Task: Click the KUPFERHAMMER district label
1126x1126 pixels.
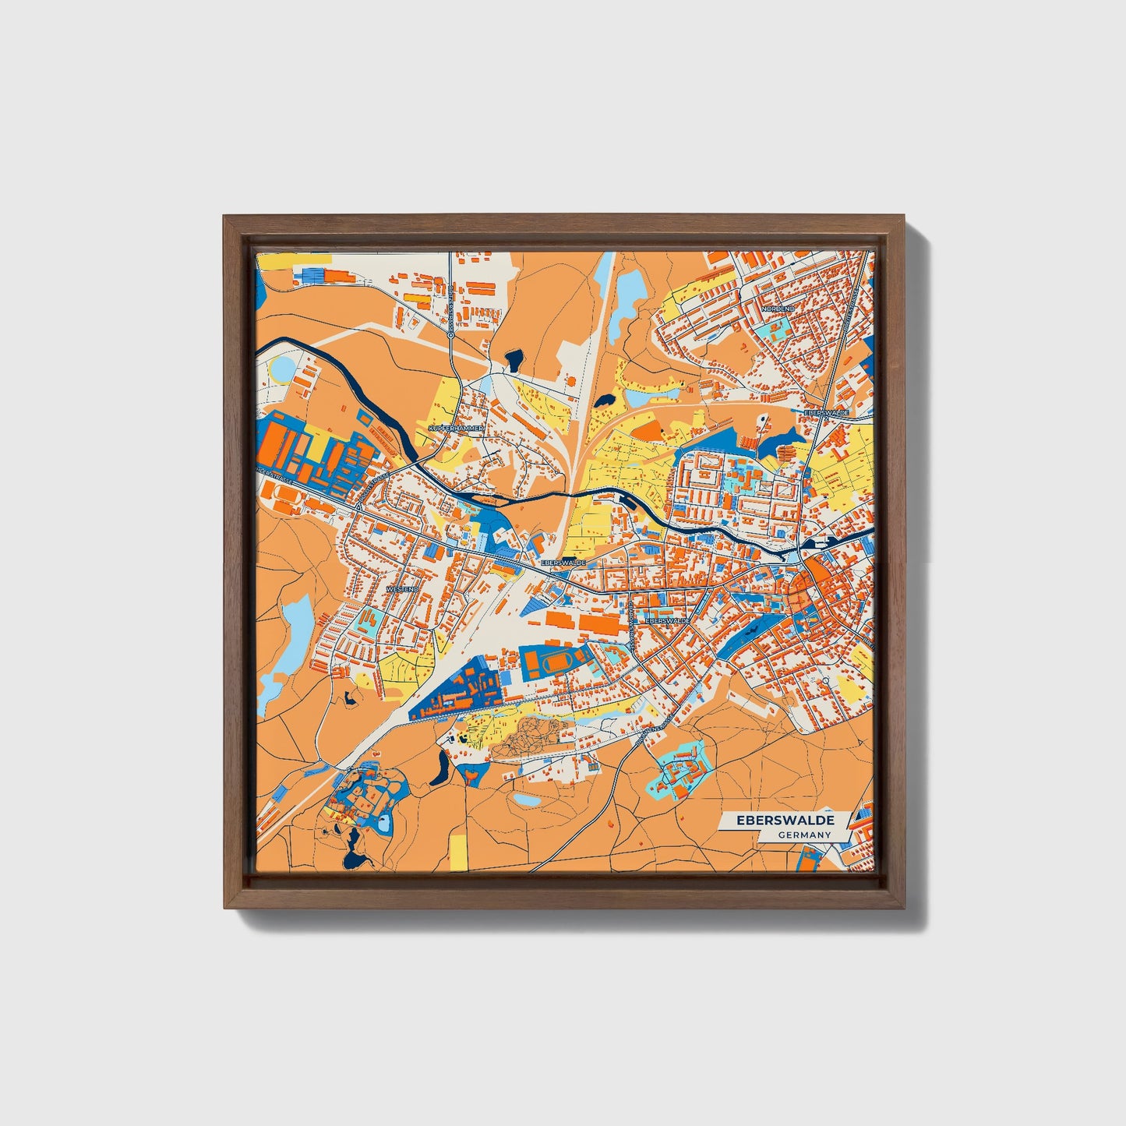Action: coord(457,429)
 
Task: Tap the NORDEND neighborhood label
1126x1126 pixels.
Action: coord(778,309)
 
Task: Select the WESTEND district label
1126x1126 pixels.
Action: coord(403,590)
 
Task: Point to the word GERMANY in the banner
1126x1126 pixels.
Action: coord(804,835)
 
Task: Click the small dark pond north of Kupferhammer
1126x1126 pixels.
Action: coord(514,359)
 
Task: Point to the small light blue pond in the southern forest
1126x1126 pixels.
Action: coord(528,799)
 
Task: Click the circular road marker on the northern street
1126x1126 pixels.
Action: coord(451,335)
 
